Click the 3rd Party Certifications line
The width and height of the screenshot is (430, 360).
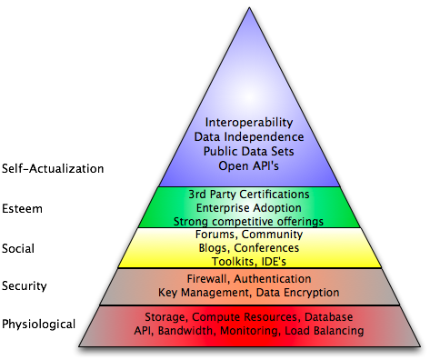point(248,194)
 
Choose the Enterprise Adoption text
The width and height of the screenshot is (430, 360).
point(248,207)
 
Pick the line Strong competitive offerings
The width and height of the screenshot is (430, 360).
point(248,220)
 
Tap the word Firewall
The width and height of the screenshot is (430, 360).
point(208,279)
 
